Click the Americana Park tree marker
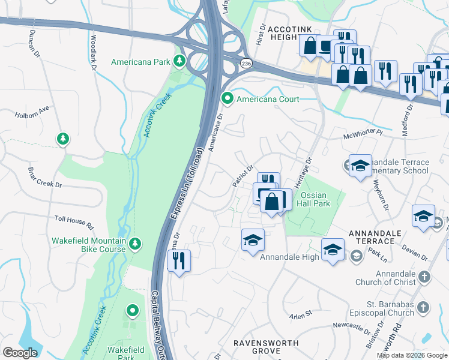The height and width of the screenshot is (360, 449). (x=179, y=61)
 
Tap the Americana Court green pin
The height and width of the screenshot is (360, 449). (x=227, y=98)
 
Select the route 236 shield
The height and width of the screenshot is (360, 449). (x=246, y=63)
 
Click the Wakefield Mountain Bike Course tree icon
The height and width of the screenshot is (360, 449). (x=136, y=243)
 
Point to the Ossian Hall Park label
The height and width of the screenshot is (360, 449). (x=316, y=199)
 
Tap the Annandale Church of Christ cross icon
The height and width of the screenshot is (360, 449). (x=424, y=277)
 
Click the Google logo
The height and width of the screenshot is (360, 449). (x=20, y=353)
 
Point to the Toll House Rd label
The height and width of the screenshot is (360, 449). (x=74, y=223)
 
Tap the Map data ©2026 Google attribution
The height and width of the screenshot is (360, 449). (x=412, y=355)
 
